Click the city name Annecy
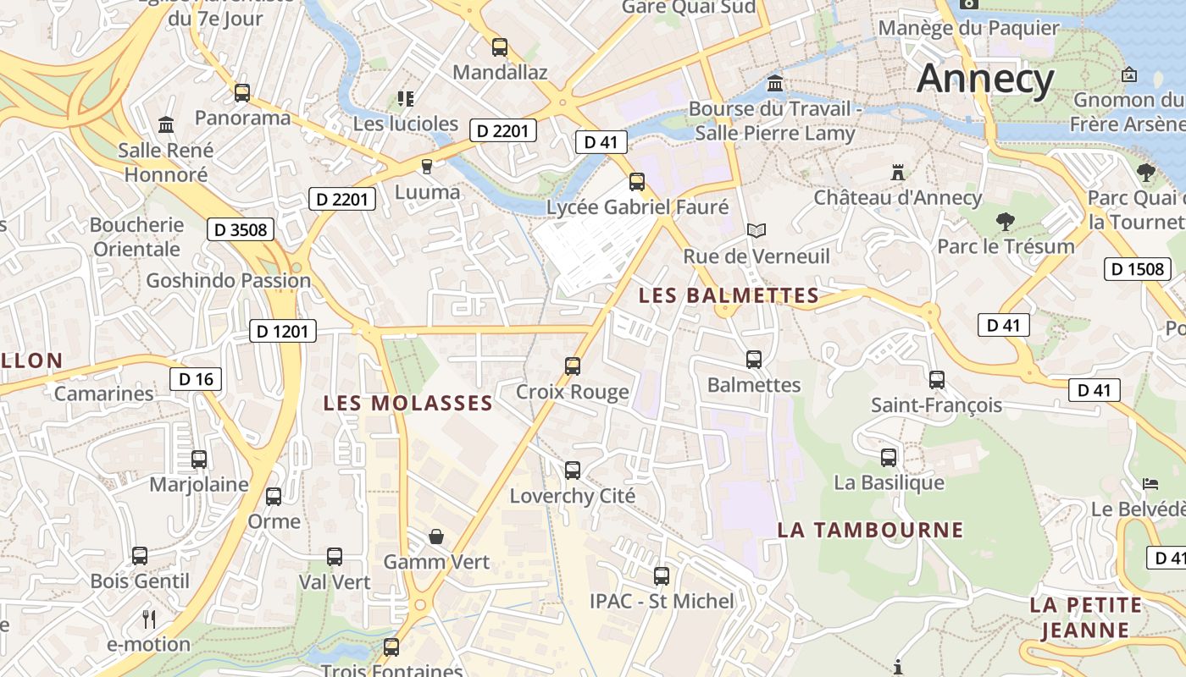[985, 79]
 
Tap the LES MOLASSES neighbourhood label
[407, 403]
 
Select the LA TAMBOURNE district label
[871, 530]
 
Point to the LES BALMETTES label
[729, 295]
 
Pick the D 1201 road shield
[283, 331]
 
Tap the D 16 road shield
[196, 379]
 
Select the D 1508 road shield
[1138, 270]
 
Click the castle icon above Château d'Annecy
[898, 173]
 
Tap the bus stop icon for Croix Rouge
[573, 366]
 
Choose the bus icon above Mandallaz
[500, 47]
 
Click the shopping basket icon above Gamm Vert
[436, 537]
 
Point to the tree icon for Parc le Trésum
[1006, 222]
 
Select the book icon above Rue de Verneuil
[756, 230]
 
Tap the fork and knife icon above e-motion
[149, 619]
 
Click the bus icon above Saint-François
[936, 380]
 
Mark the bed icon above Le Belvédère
[1150, 484]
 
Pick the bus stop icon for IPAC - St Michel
[662, 576]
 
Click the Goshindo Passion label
[229, 280]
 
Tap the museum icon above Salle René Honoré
[166, 125]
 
